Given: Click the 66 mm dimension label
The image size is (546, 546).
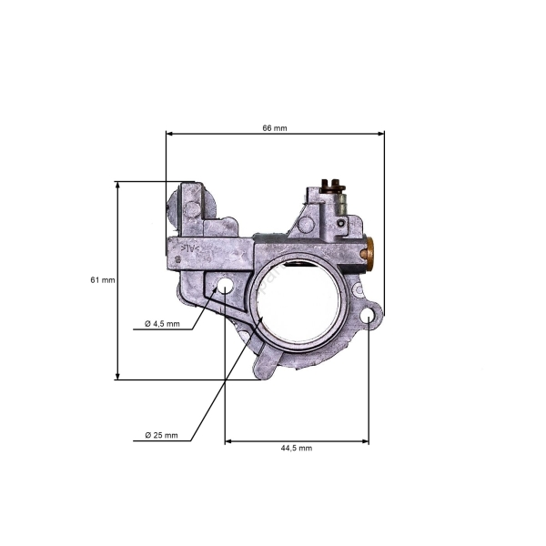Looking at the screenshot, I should tap(274, 128).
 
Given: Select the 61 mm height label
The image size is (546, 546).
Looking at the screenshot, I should tap(103, 280).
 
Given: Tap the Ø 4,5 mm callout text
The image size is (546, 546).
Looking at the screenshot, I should tap(163, 324).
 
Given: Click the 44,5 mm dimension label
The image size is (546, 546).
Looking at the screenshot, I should tap(294, 448).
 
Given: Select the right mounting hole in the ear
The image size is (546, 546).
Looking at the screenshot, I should tap(369, 316).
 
